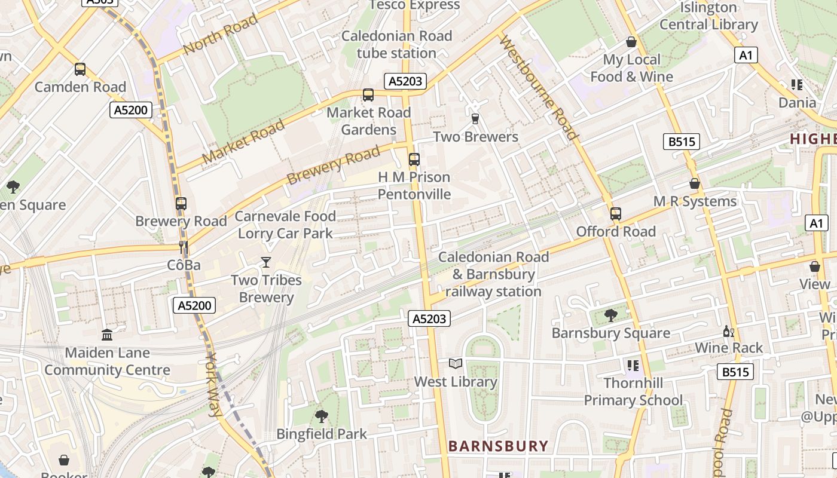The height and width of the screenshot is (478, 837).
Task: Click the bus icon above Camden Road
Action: [80, 69]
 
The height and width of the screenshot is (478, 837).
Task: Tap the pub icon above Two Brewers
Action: [475, 119]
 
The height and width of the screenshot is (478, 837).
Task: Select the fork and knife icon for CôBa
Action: [184, 247]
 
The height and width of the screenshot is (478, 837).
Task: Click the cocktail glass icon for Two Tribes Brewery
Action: [266, 262]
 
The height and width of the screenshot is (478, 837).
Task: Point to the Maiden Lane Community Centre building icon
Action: [107, 335]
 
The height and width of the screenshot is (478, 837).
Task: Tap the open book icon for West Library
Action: [456, 363]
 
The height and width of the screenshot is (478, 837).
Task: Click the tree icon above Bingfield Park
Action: [321, 416]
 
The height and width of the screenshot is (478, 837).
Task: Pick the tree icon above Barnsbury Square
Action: [610, 315]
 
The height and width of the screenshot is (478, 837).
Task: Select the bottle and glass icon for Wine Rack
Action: [728, 331]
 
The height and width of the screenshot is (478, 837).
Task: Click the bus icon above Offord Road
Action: [616, 214]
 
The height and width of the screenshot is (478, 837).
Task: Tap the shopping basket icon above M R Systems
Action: [695, 183]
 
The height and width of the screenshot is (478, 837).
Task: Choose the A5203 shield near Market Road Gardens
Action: [405, 82]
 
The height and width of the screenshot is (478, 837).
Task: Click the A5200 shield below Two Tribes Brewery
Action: [194, 306]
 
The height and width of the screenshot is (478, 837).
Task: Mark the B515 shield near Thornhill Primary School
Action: [735, 372]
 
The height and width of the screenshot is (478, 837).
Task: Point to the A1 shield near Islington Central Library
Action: [746, 56]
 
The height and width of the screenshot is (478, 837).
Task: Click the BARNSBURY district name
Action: [498, 446]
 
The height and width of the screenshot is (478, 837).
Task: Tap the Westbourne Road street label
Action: [539, 87]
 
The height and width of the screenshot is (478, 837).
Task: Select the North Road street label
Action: [221, 34]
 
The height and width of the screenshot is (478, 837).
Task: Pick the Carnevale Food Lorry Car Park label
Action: [285, 225]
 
